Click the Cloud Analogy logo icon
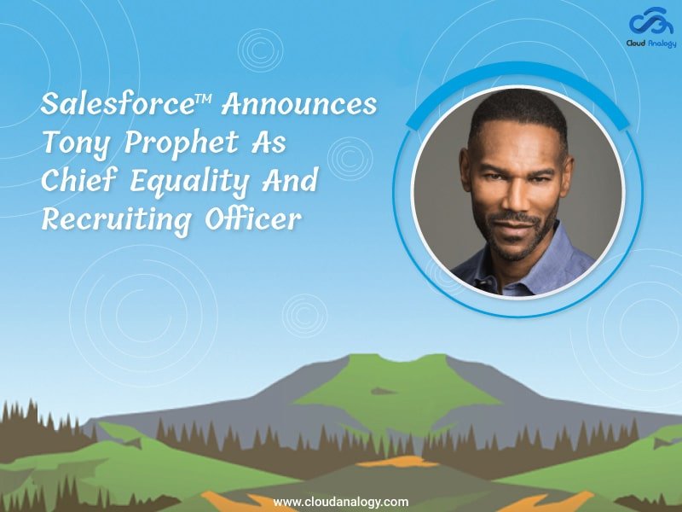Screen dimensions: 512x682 (652, 21)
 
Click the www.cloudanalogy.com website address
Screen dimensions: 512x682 (340, 502)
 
